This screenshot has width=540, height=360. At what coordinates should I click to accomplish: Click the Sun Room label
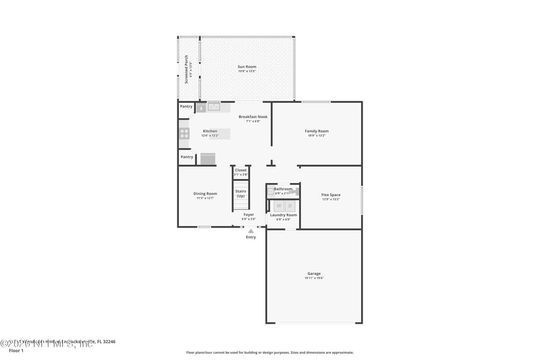pos(246,67)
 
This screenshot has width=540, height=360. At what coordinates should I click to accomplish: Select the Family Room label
pos(317,131)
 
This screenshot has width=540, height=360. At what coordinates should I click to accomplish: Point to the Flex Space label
pos(331,195)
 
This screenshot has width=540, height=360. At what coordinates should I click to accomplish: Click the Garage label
pos(314,274)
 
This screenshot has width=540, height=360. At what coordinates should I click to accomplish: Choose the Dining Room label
pos(205,194)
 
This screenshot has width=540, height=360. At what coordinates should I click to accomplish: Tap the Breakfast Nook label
pos(252,117)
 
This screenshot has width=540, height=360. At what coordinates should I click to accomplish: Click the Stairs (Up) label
pos(240,193)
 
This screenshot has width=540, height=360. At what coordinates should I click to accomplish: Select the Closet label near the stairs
pos(240,170)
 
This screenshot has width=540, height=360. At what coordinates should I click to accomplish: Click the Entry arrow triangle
pos(250,231)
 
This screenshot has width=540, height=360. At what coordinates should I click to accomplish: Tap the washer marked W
pos(279,205)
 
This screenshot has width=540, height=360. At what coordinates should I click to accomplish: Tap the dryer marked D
pos(290,205)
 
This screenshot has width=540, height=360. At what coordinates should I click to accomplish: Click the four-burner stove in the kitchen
pos(184,134)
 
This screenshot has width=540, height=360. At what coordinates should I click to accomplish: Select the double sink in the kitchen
pos(214,106)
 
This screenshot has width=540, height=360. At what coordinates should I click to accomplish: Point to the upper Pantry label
pos(186,106)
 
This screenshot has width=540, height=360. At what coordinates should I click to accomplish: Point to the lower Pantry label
pos(186,157)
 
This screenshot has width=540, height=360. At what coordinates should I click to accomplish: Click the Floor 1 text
pos(16,351)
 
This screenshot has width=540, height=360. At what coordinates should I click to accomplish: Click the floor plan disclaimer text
pos(269,352)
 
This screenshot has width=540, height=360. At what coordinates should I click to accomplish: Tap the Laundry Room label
pos(283,215)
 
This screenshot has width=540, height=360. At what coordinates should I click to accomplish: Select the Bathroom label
pos(283,189)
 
